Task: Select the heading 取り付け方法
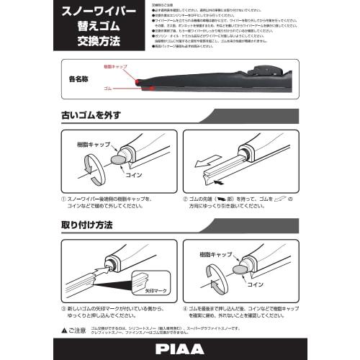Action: coord(87,225)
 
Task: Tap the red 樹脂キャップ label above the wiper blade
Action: coord(117,66)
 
